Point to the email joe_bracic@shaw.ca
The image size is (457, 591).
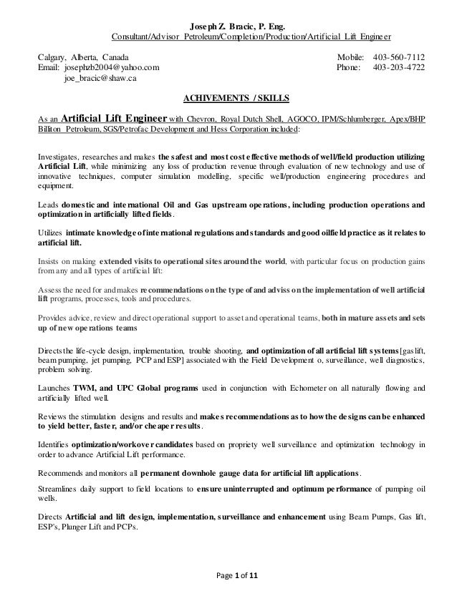pos(100,80)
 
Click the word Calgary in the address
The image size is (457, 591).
pos(52,56)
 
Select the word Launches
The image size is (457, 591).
pos(54,387)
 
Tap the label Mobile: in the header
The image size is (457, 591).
pos(350,56)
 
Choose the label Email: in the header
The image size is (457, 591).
pos(49,68)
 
